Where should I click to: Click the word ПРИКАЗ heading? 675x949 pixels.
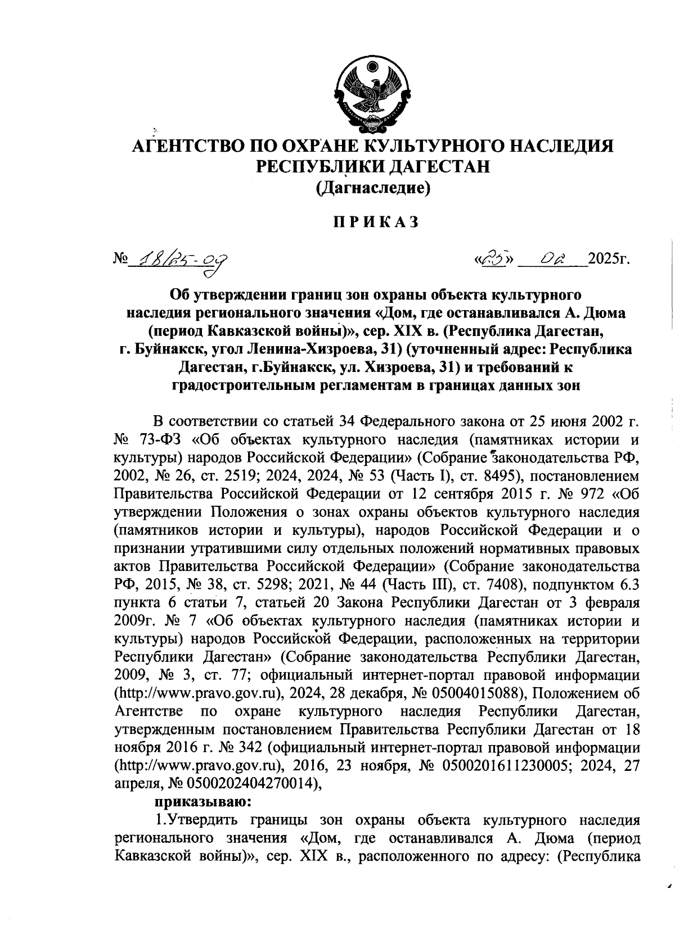click(375, 222)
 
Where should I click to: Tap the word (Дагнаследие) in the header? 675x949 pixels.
click(374, 188)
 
